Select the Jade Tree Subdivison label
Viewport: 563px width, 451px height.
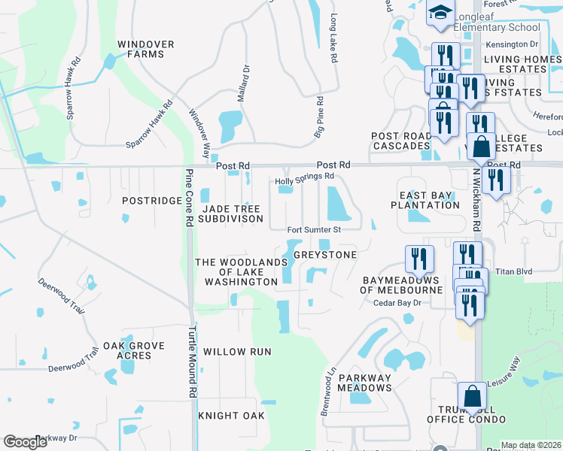click(230, 213)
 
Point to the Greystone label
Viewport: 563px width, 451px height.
click(324, 255)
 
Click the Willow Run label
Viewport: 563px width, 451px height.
click(237, 352)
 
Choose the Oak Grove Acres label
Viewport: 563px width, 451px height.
click(134, 350)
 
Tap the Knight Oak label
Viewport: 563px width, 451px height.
click(231, 416)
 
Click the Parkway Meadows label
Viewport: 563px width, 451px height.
click(364, 383)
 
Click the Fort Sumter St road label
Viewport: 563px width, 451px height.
click(315, 229)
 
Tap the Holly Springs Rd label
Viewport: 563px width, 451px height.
click(304, 177)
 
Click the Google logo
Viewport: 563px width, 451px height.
click(26, 442)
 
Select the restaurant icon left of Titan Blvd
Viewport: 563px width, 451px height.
click(419, 258)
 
